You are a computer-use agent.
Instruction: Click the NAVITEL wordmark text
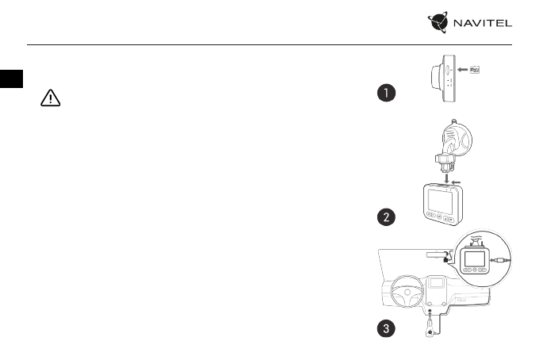(481, 25)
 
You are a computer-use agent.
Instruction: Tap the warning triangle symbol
(50, 98)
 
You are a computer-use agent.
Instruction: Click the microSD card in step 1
(476, 69)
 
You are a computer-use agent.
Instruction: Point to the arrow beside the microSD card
(457, 69)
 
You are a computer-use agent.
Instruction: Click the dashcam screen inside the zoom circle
(474, 259)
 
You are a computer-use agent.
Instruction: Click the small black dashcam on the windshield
(447, 255)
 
